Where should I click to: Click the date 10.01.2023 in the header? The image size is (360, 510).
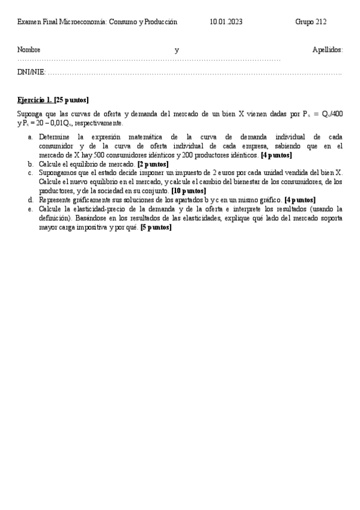tap(226, 22)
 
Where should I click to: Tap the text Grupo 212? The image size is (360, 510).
tap(311, 22)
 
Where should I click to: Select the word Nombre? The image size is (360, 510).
tap(29, 50)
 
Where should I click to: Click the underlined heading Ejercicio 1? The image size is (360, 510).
tap(35, 100)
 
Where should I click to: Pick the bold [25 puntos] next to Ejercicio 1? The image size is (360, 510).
tap(72, 100)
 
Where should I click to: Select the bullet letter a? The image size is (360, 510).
tap(31, 137)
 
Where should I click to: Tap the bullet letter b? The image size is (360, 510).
tap(31, 164)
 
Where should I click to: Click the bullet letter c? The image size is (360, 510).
tap(31, 173)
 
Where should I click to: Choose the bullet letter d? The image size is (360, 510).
tap(31, 200)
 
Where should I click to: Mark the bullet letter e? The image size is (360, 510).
tap(31, 209)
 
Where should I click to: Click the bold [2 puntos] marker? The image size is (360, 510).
tap(153, 164)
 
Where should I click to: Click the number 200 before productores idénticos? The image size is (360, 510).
tap(185, 155)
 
